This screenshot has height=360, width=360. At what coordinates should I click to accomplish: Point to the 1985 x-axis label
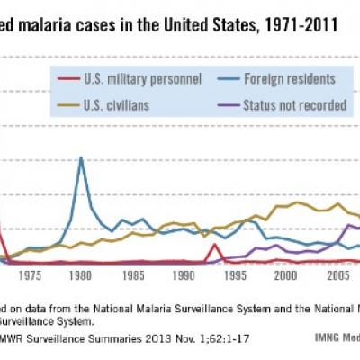pos(132,276)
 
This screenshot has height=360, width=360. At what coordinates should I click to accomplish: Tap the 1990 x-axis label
pos(184,276)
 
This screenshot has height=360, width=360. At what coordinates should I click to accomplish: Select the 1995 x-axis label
pos(235,276)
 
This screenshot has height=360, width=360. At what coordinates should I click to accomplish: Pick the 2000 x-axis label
pos(286,276)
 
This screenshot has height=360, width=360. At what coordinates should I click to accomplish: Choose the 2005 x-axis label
pos(337,276)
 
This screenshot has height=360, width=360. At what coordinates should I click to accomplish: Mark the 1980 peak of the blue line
pos(81,158)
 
